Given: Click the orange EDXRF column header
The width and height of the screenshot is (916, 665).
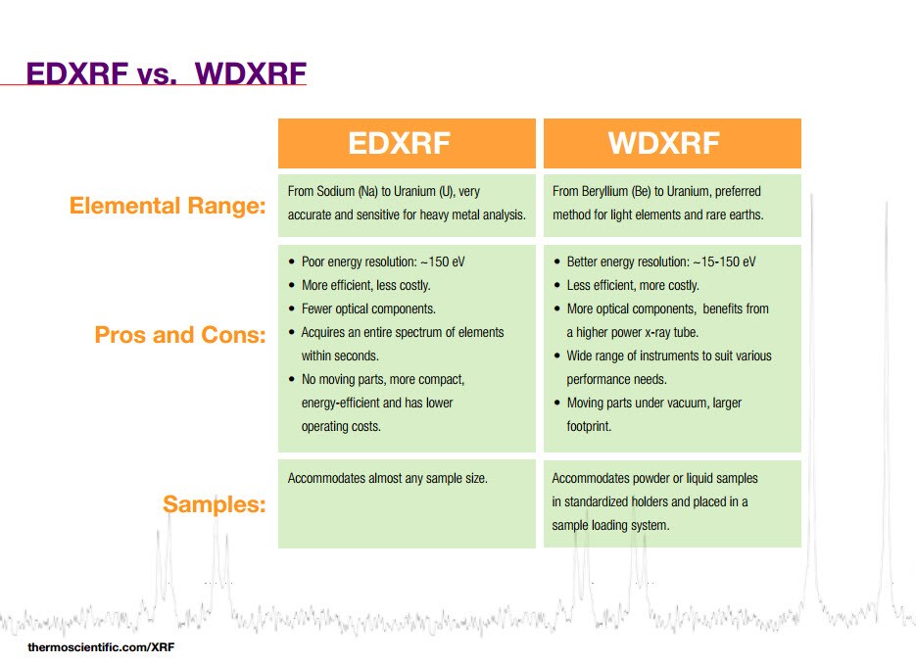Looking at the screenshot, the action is point(407,144).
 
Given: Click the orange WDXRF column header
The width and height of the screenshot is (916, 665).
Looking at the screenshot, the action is point(672,144).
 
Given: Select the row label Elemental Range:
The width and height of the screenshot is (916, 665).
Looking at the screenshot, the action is point(168,206).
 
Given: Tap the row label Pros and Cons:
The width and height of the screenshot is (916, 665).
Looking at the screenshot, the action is point(180,335).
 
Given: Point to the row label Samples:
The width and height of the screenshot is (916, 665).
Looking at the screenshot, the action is point(215,503).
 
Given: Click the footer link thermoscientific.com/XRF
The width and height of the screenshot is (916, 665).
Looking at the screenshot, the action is point(101,647).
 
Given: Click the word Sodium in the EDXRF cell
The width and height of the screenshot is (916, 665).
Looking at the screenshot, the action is point(338,192).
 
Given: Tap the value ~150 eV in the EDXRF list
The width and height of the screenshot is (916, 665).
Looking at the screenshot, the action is point(443,261).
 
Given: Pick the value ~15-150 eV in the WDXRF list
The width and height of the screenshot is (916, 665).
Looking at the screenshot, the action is point(724,261).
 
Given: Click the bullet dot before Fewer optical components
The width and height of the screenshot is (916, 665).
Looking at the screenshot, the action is point(292,309).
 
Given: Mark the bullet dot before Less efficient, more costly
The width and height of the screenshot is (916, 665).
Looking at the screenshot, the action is point(556,285).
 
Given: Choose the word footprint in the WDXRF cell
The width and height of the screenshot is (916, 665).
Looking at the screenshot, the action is point(588,426).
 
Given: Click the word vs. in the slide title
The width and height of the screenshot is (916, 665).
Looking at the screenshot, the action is point(157,74).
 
